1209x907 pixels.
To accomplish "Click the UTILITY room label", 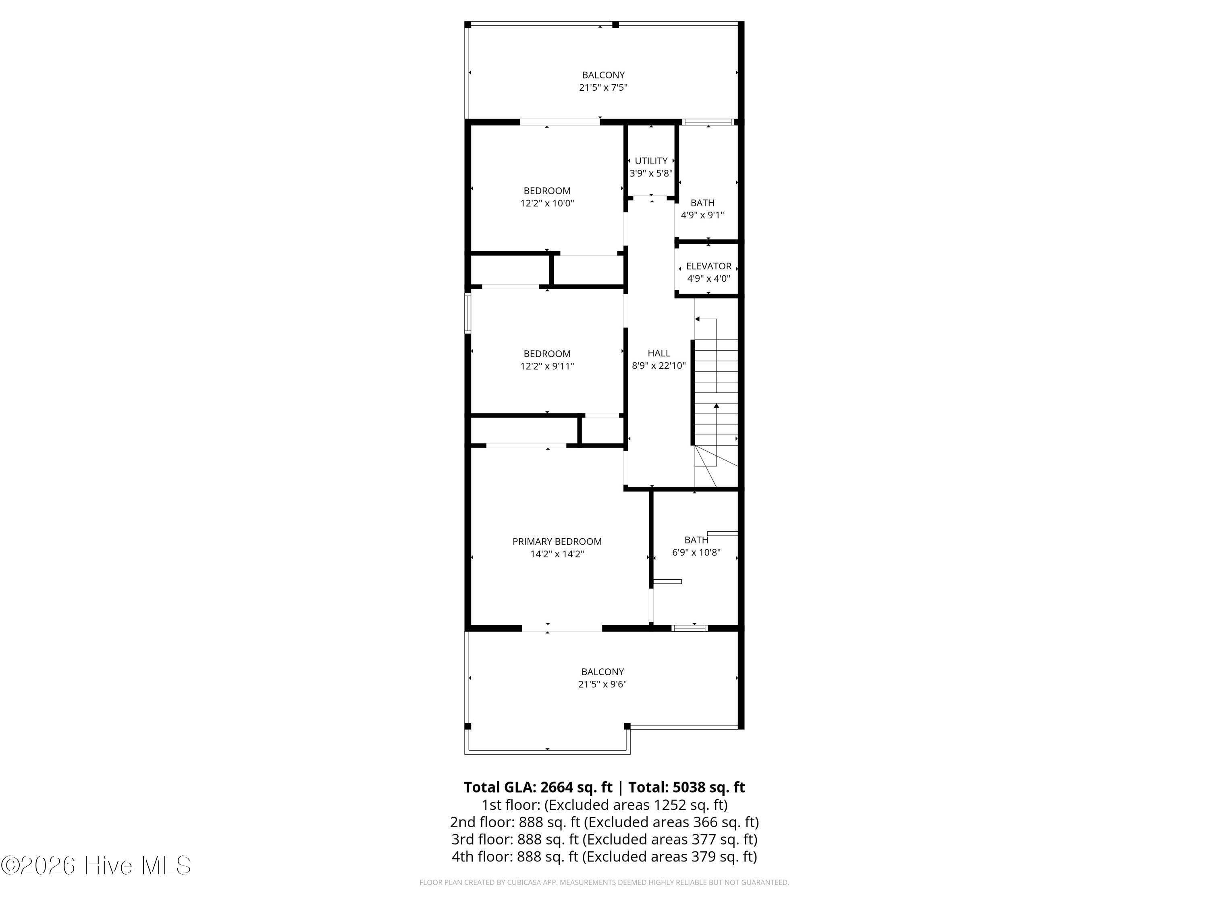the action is (x=651, y=161).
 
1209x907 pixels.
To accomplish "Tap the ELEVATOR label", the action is (x=708, y=266).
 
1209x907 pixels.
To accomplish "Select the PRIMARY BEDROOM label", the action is (x=557, y=541).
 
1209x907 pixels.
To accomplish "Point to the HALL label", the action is (x=659, y=353).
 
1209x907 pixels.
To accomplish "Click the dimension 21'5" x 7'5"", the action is (x=603, y=87).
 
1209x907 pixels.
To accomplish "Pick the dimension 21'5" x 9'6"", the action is (x=602, y=684).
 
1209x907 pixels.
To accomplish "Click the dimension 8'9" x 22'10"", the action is (x=659, y=366).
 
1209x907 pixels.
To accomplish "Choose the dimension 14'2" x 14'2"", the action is (x=557, y=554).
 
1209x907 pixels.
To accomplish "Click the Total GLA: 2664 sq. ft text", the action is (x=538, y=787).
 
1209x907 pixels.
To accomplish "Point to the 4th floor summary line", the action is (x=604, y=857).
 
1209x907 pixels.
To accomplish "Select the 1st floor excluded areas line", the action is (x=604, y=805).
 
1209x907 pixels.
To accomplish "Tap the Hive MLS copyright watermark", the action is (x=96, y=865).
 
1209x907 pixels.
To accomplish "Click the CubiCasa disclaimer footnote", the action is (x=604, y=882).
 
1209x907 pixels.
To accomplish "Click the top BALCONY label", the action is (x=603, y=75).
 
